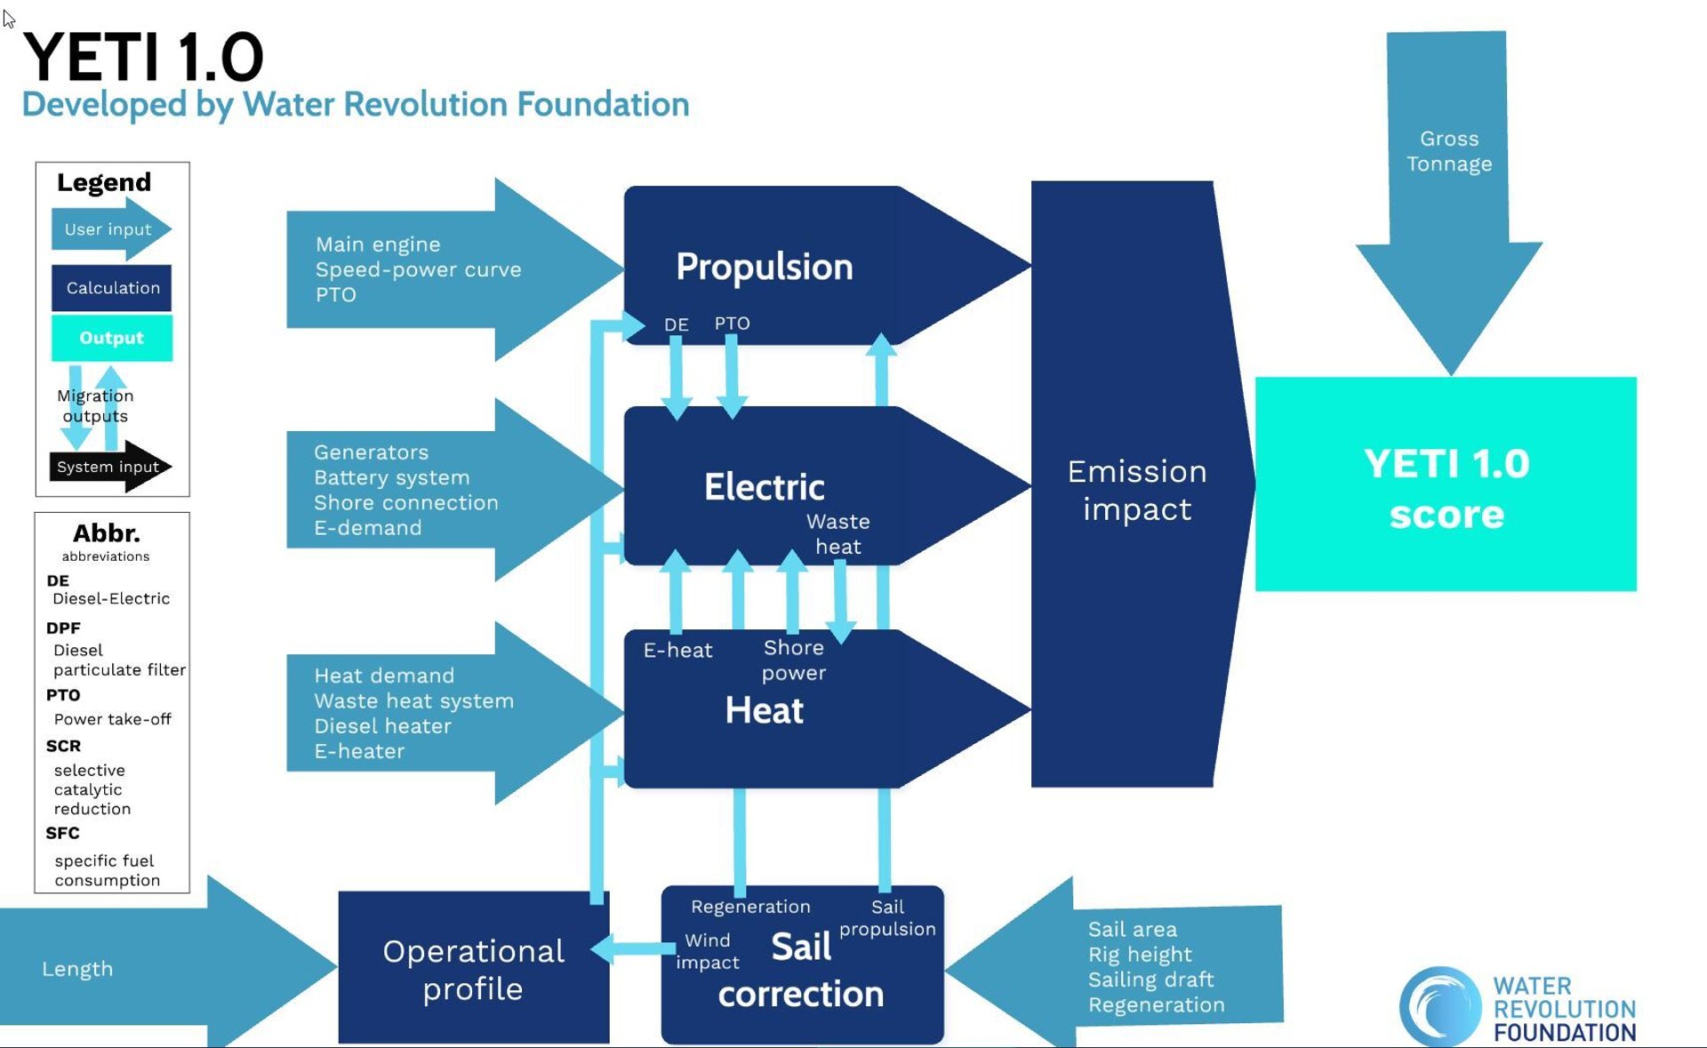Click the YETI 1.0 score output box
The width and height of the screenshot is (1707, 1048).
tap(1446, 485)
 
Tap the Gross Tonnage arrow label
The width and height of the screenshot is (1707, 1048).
tap(1448, 151)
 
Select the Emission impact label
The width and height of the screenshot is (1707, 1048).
tap(1136, 490)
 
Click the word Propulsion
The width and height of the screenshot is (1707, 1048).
tap(764, 267)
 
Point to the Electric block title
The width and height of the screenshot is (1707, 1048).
tap(764, 487)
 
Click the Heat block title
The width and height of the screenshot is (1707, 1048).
tap(764, 710)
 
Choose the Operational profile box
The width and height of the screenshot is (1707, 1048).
tap(473, 969)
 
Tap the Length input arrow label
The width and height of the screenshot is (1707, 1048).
tap(77, 969)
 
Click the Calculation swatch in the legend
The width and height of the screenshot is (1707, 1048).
tap(112, 288)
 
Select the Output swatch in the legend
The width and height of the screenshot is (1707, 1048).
tap(112, 338)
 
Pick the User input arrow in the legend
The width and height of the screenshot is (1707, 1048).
tap(108, 229)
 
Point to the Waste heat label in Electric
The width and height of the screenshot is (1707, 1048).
tap(837, 533)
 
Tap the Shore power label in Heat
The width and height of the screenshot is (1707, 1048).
tap(793, 660)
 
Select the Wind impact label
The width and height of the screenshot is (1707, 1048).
tap(708, 951)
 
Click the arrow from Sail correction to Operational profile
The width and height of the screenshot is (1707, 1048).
tap(633, 948)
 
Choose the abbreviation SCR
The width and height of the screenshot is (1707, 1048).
tap(63, 746)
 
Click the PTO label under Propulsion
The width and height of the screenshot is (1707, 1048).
tap(732, 324)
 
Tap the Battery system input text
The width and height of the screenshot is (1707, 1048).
tap(391, 477)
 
